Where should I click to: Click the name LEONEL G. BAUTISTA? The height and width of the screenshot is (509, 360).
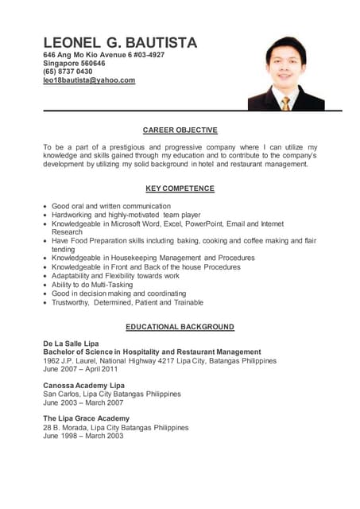[x=120, y=42]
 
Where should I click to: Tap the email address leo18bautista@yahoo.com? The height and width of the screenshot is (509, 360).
[x=89, y=80]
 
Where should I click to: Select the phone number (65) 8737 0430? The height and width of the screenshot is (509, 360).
[x=68, y=72]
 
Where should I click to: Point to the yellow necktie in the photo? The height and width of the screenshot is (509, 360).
[x=285, y=103]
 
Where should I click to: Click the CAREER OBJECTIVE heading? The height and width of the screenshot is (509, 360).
[x=180, y=130]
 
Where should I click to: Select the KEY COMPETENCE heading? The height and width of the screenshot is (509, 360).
[x=180, y=188]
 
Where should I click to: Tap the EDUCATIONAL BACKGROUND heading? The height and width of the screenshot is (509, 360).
[x=180, y=327]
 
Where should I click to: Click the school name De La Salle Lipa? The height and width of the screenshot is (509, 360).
[x=72, y=343]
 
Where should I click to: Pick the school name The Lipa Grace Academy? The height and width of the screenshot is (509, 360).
[x=86, y=418]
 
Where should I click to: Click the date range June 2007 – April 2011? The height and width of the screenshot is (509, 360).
[x=80, y=369]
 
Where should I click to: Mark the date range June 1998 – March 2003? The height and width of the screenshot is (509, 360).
[x=83, y=436]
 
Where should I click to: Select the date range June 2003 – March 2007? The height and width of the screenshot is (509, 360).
[x=83, y=402]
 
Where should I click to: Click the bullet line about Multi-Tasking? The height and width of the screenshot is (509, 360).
[x=92, y=285]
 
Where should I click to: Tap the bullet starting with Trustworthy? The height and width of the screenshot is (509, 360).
[x=127, y=302]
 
